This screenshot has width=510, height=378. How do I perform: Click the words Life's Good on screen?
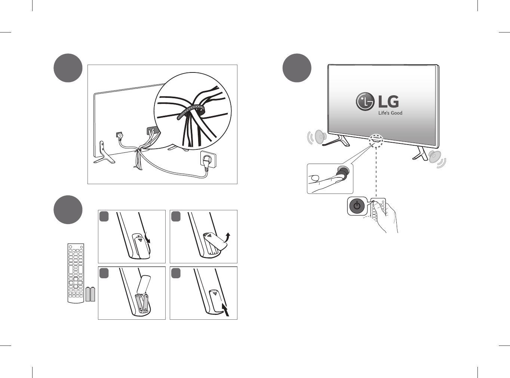(x=390, y=113)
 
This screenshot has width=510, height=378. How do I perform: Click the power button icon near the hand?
(x=357, y=206)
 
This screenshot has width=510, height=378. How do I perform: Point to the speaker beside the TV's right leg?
(x=435, y=157)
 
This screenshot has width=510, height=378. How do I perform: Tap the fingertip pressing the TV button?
(x=337, y=177)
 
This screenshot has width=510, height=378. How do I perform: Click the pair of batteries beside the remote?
(x=90, y=294)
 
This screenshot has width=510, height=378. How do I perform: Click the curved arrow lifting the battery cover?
(x=227, y=237)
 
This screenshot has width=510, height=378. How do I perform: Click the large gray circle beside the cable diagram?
(x=68, y=68)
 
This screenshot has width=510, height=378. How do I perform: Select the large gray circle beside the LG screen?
(x=297, y=68)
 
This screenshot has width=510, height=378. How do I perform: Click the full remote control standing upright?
(x=76, y=273)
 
